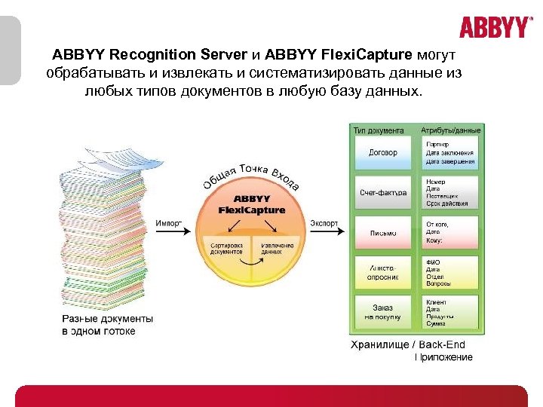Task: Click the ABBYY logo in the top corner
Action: point(495,28)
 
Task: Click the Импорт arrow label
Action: point(169,223)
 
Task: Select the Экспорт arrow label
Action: point(324,223)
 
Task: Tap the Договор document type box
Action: point(382,152)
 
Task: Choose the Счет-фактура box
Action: point(382,192)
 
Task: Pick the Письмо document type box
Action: point(382,233)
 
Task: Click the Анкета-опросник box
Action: point(382,272)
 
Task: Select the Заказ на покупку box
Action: point(382,312)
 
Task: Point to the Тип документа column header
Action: point(379,130)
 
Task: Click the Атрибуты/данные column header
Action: point(450,130)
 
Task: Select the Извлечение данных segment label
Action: point(277,249)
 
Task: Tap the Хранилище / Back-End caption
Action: point(412,345)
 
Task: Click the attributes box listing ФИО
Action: point(450,272)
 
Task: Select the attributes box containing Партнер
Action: point(450,152)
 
